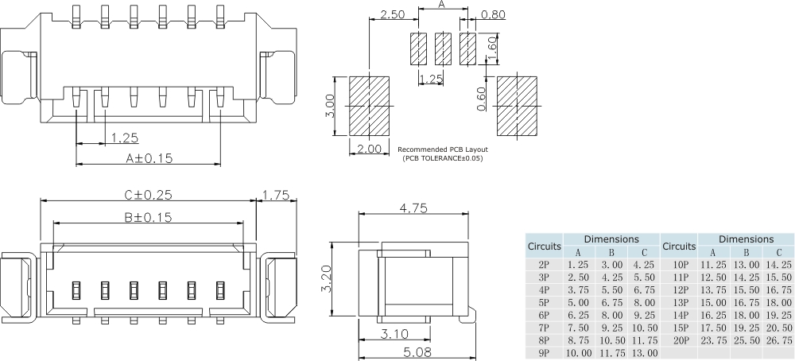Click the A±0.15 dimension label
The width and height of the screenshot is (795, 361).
[x=149, y=157]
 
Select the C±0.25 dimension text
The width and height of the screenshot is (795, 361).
[x=148, y=194]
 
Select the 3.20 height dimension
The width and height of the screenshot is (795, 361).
[x=326, y=278]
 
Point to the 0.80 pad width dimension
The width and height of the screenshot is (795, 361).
[x=494, y=15]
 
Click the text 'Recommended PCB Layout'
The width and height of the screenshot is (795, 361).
[x=442, y=149]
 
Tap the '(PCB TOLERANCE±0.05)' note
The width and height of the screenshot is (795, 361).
[x=442, y=158]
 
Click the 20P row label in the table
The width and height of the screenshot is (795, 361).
[x=680, y=340]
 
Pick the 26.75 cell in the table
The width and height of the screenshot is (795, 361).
[x=778, y=340]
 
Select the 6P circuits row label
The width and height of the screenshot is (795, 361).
[x=544, y=315]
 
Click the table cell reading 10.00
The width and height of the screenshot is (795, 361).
[x=578, y=352]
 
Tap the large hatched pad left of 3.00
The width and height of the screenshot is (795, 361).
[x=369, y=106]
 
